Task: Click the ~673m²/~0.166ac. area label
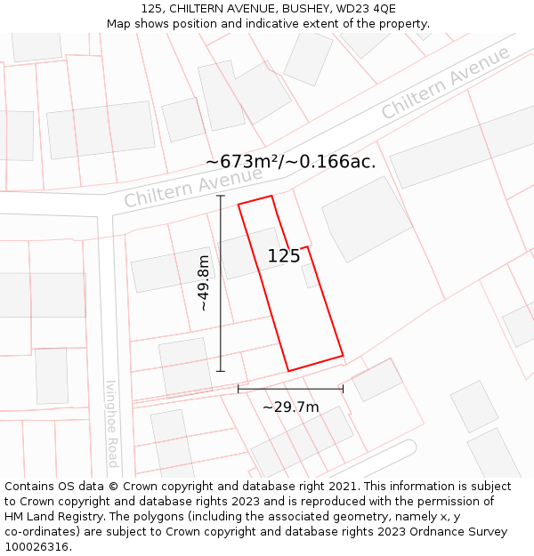coord(290,162)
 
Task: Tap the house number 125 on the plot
coord(284,257)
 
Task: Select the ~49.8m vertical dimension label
coord(204,283)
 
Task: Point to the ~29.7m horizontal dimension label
coord(290,407)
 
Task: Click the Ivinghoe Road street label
coord(112,423)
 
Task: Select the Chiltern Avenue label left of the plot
coord(182,189)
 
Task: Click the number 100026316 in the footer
coord(36,547)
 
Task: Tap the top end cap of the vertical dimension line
coord(221,196)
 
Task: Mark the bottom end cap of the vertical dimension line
coord(221,371)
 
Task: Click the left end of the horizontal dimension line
coord(239,389)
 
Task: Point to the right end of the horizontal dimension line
coord(343,389)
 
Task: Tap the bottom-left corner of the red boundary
coord(288,371)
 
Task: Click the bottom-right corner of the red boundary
coord(343,356)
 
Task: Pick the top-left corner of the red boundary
coord(239,205)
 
